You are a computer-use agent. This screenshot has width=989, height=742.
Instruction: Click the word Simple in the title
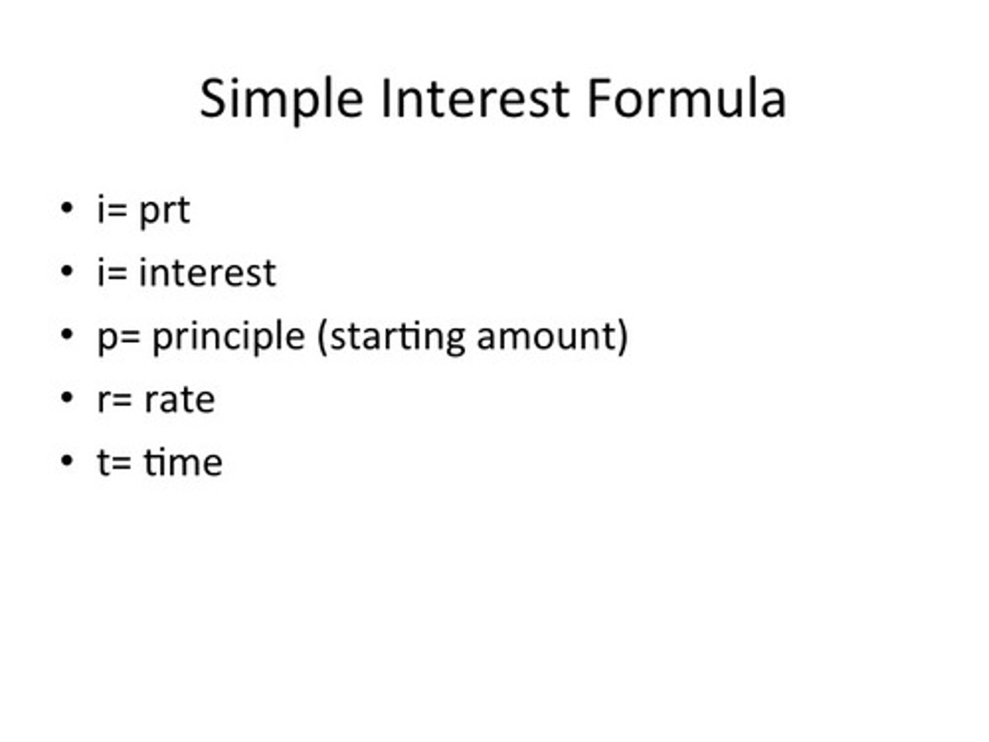click(x=281, y=98)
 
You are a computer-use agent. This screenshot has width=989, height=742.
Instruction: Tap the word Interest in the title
click(x=474, y=98)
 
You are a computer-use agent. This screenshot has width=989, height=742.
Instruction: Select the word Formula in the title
click(x=686, y=98)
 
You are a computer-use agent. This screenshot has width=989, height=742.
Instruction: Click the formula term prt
click(x=164, y=210)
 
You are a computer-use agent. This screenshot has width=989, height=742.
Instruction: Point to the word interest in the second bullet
click(x=207, y=273)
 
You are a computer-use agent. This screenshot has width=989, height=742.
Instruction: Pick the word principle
click(x=228, y=337)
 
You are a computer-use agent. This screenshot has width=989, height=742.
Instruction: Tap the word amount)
click(x=552, y=337)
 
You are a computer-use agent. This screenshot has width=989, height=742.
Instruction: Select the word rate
click(x=179, y=400)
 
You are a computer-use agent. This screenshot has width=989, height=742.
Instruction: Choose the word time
click(x=183, y=462)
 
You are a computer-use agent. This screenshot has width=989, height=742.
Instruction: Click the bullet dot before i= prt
click(x=67, y=208)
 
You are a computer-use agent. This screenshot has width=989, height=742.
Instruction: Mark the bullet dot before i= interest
click(x=67, y=271)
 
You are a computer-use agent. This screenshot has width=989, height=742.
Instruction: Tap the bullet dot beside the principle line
click(x=67, y=335)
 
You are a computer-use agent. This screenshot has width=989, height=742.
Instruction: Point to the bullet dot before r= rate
click(x=67, y=398)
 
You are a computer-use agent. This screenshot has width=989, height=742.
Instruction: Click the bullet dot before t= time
click(x=67, y=461)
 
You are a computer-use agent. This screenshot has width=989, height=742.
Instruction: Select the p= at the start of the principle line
click(x=119, y=337)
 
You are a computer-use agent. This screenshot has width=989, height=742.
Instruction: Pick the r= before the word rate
click(x=114, y=400)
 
